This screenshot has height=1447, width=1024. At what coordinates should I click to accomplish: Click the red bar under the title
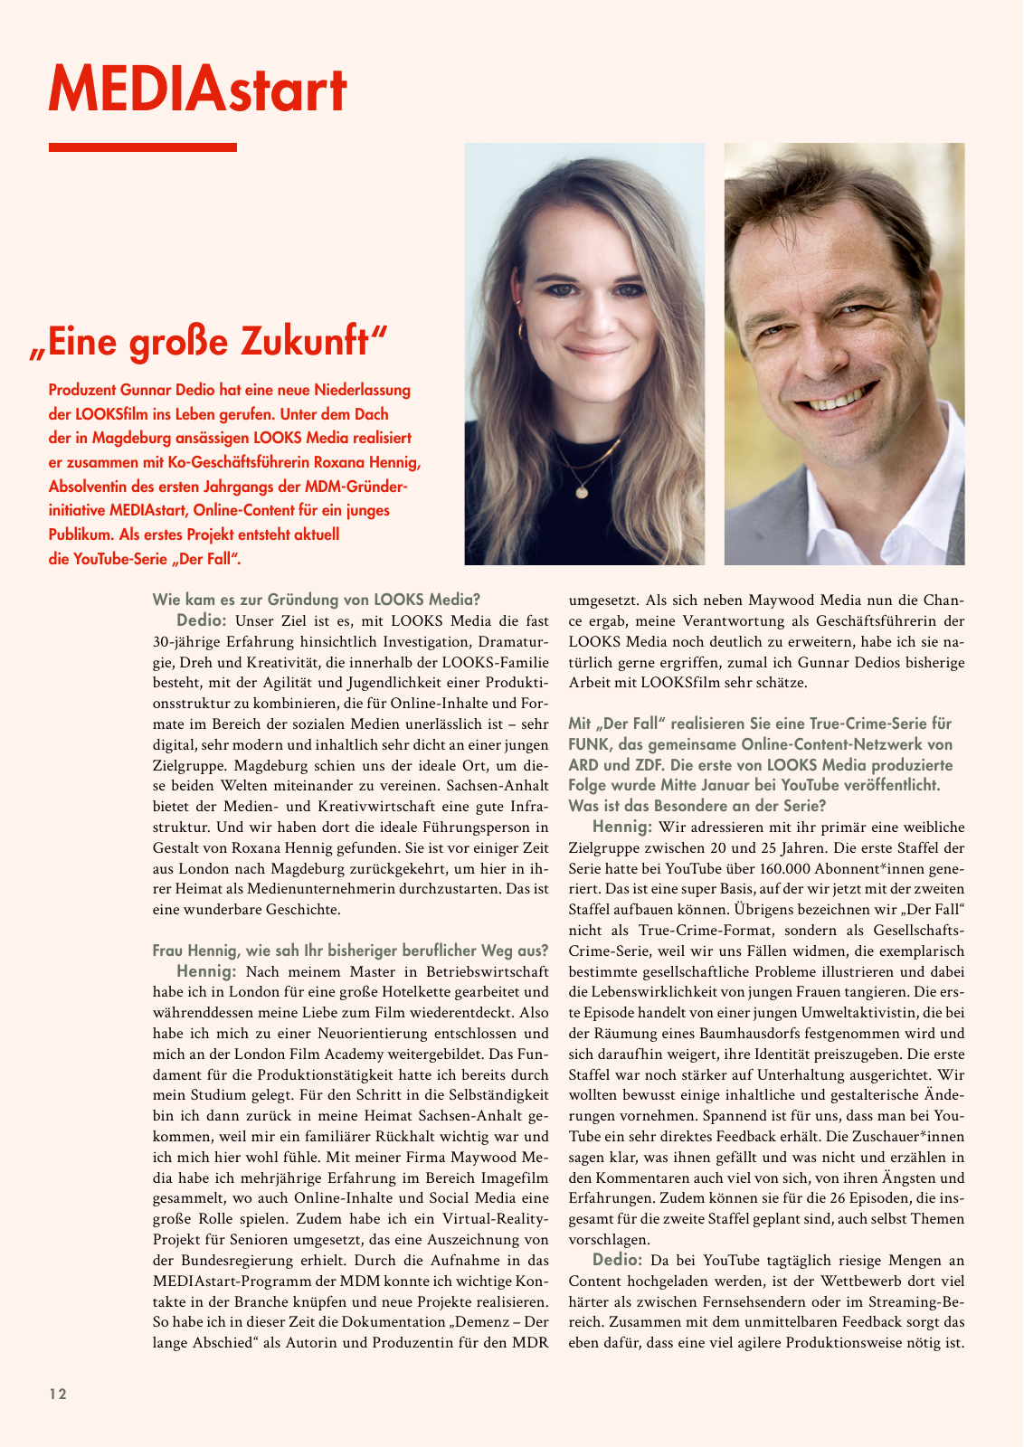point(142,147)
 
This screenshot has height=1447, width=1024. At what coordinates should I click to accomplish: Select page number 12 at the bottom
point(58,1394)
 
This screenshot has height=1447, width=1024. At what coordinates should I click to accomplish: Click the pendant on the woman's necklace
point(582,492)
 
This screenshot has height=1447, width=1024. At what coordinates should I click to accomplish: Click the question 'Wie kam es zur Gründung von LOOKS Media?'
point(317,600)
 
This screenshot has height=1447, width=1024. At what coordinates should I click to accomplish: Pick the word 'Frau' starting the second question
point(168,950)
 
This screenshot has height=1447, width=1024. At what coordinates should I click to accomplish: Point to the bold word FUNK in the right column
point(589,744)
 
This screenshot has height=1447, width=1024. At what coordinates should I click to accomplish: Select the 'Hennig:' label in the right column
point(621,827)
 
